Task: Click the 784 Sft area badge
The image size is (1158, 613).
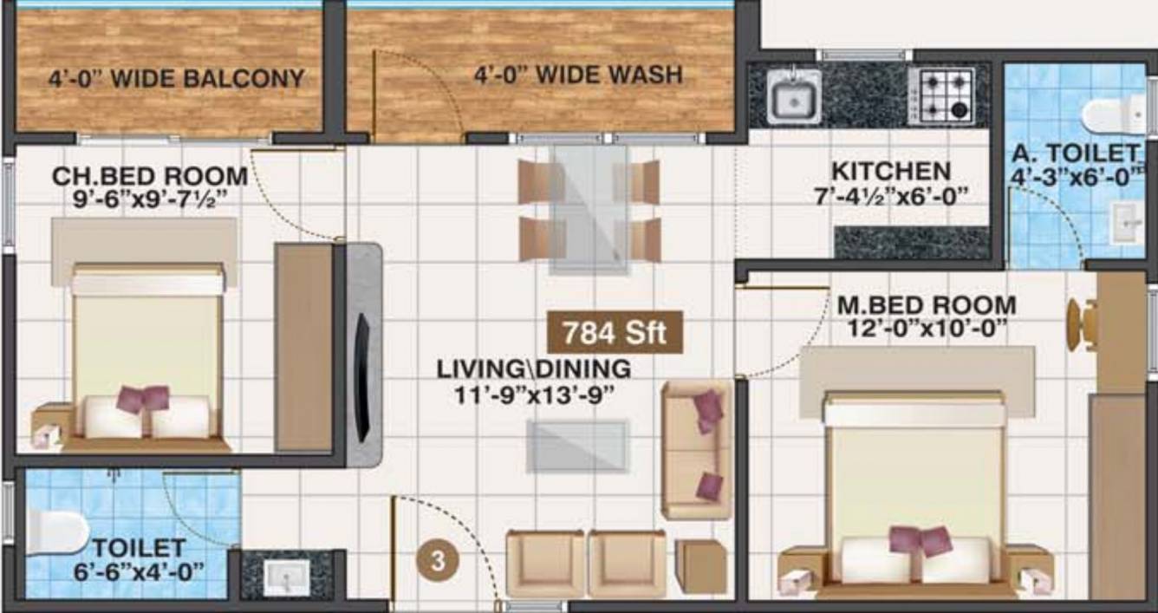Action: coord(615,332)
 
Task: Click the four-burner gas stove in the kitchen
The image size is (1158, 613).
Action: coord(941,94)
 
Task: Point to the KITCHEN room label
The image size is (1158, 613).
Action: coord(890,171)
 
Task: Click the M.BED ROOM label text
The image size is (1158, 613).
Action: coord(927,305)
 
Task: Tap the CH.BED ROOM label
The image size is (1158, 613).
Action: coord(150,176)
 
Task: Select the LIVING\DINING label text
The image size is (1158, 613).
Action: coord(534,368)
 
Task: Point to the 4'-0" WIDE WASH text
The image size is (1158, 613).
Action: coord(577,75)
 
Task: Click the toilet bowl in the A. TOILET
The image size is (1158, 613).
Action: coord(1113,114)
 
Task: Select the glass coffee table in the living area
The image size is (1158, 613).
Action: coord(578,446)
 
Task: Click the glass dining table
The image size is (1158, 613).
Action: coord(589,208)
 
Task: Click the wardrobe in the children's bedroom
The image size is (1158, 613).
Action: coord(303,347)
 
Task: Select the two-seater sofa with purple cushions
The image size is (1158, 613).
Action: coord(696,448)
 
